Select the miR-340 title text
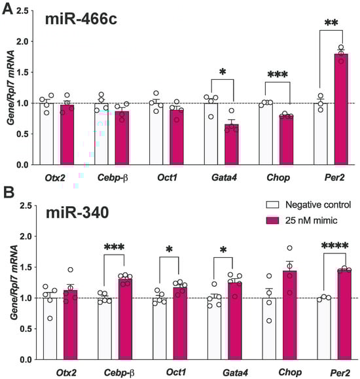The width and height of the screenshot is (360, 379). click(x=76, y=215)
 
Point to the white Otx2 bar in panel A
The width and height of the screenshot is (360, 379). click(x=46, y=134)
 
